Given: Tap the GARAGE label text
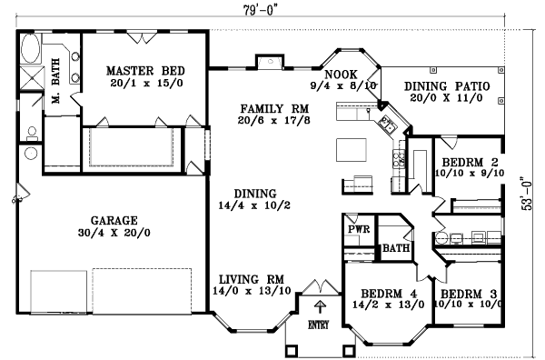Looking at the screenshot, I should click(x=114, y=220).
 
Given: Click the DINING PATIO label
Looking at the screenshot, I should click(x=446, y=85).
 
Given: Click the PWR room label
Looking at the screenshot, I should click(x=357, y=230).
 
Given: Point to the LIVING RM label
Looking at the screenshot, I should click(x=252, y=278).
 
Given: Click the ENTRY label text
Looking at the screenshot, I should click(x=319, y=325).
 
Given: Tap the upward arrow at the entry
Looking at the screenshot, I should click(x=319, y=306).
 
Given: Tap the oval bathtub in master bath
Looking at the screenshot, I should click(x=27, y=48).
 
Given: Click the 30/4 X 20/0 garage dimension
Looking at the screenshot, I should click(x=114, y=233).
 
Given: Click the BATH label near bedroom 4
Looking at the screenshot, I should click(x=395, y=247).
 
